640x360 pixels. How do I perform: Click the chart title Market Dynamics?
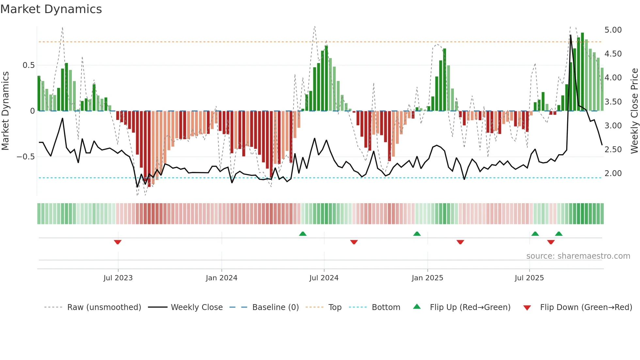point(51,9)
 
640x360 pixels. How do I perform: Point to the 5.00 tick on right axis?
point(613,30)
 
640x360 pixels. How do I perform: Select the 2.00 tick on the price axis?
point(613,173)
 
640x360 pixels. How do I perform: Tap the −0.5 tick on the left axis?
point(25,157)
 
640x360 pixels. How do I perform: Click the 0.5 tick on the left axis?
point(28,65)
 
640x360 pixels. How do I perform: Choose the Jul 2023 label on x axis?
point(118,278)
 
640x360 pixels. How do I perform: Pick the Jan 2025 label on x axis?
point(427,278)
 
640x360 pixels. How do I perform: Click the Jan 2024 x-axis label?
point(221,278)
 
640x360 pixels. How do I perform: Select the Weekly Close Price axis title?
point(634,111)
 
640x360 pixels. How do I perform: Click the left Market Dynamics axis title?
point(5,111)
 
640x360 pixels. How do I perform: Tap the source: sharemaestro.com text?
point(578,256)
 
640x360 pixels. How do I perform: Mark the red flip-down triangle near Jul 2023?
point(118,242)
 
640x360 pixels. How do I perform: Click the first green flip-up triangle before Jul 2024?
point(303,234)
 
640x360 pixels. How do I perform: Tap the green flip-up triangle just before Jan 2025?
point(417,234)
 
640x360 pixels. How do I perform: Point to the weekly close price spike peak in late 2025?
point(570,35)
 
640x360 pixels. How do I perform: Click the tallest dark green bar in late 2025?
point(582,72)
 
